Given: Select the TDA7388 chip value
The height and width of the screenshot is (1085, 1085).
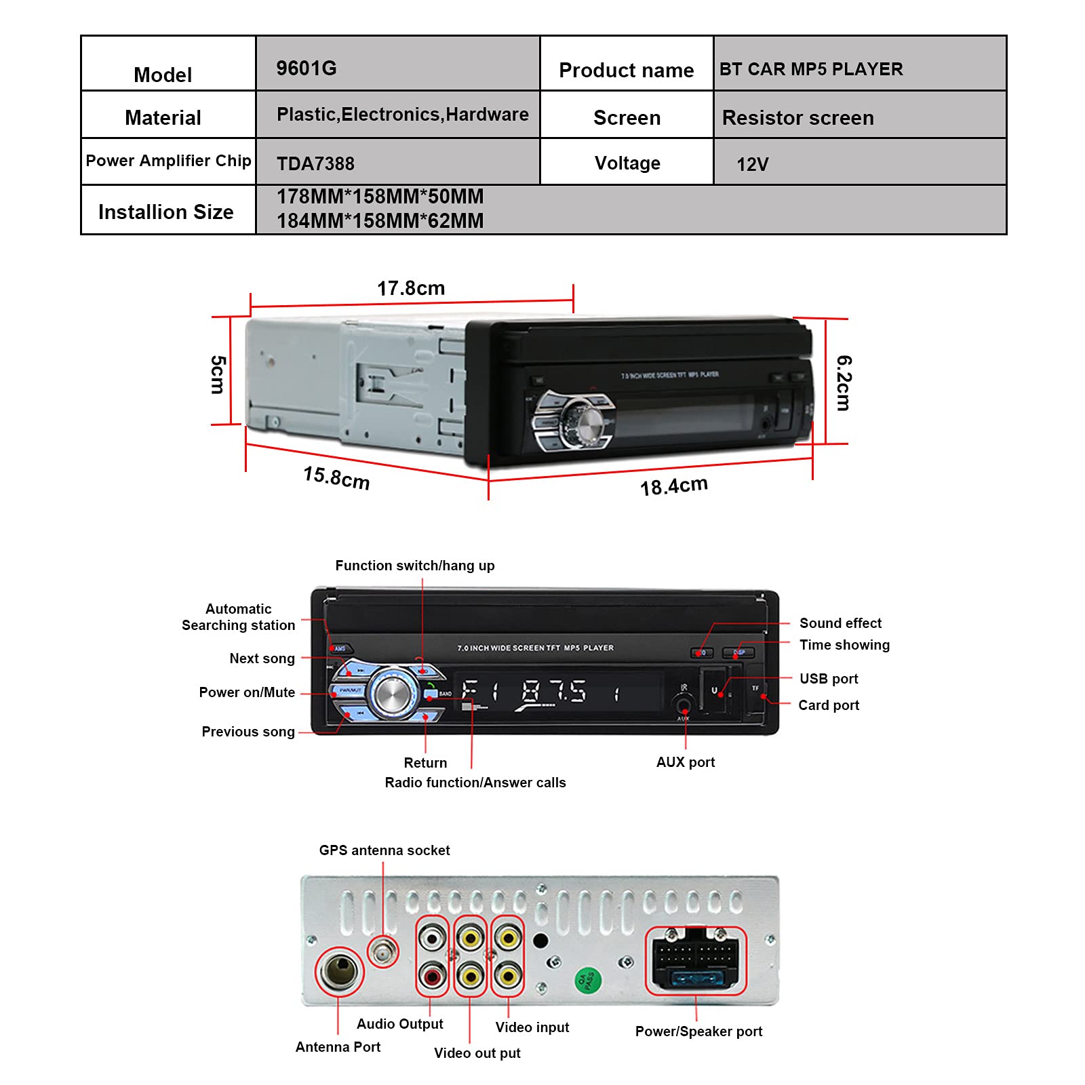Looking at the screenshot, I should pos(315,164).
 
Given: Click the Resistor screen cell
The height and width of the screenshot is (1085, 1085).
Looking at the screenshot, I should pos(797,118).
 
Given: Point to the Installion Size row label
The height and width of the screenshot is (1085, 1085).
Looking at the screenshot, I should pos(166,212).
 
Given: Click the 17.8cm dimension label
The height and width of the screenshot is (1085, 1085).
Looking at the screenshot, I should pos(411,288).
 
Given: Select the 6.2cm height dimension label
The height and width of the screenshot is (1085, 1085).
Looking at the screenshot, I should pos(844,382).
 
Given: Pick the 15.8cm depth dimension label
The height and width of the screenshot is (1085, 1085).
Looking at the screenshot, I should pos(336,478).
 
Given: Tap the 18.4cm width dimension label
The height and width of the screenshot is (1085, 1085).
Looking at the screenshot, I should pos(673,486).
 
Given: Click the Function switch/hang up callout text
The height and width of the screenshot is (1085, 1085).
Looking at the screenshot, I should pos(415,566).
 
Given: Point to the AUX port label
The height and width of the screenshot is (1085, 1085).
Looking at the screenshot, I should pos(685,762).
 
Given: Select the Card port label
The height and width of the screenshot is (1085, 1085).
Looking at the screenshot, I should pos(828,705).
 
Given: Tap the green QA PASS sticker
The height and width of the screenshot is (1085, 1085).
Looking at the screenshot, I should pos(587,980).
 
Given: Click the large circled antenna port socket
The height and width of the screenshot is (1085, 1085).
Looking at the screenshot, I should pos(339,971).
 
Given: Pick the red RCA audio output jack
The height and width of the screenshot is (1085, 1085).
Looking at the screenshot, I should pos(432,976).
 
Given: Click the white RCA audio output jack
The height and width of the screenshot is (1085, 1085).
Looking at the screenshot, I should pos(432,939).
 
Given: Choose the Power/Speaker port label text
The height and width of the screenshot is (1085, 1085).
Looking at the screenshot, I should pos(698,1031).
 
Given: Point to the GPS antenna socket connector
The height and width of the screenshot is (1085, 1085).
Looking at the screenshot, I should pos(383,952).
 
